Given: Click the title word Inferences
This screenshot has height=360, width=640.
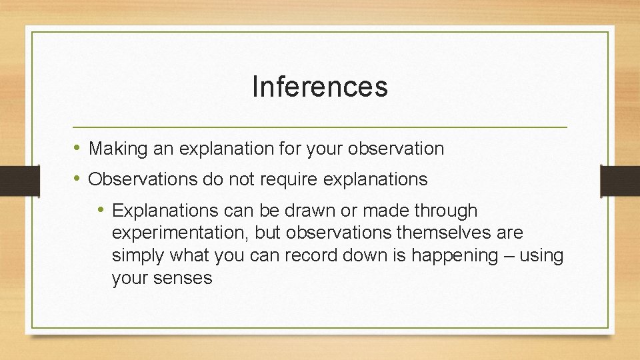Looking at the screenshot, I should (320, 87).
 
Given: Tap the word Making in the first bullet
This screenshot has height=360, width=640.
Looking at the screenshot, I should (118, 149).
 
